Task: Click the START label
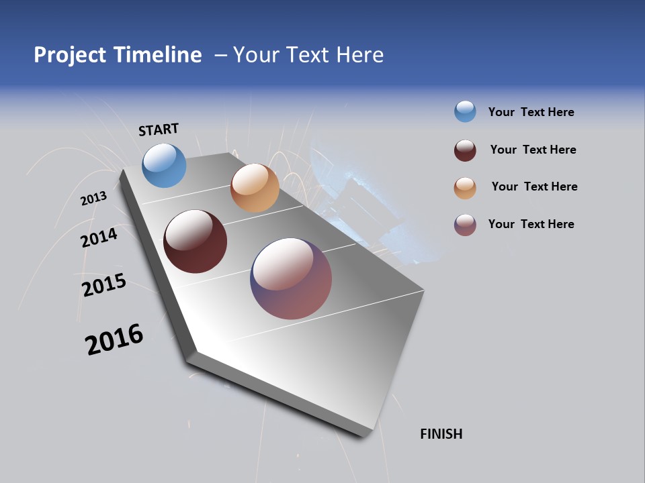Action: (159, 129)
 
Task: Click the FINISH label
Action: (441, 434)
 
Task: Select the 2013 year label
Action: (93, 198)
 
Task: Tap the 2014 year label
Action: (99, 237)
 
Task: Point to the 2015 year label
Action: (104, 285)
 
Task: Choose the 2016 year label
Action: (114, 339)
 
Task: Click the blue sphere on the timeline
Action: (164, 165)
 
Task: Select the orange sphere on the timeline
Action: (255, 188)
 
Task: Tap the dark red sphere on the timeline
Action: (195, 241)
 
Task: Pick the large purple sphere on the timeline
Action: (291, 278)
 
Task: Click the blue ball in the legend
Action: (465, 111)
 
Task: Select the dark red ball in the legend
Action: (465, 150)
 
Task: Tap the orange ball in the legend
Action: (465, 188)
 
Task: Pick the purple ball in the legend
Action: (465, 225)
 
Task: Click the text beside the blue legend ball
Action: (531, 112)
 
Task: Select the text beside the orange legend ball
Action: (534, 186)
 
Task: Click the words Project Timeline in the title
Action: (118, 55)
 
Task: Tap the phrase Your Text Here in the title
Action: (308, 55)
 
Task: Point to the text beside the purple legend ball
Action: (531, 224)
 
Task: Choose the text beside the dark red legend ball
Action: (533, 150)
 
